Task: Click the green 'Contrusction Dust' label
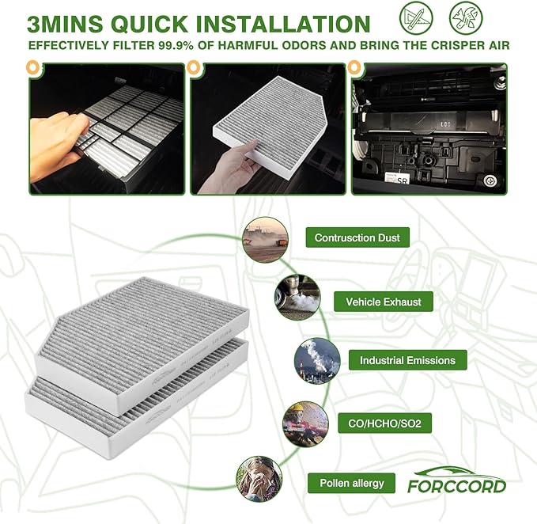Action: point(357,237)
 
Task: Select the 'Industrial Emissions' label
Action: point(407,360)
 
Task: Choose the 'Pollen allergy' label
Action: point(352,483)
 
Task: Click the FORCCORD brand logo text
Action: point(456,485)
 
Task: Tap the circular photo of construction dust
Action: point(265,240)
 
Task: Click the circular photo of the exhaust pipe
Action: point(297,298)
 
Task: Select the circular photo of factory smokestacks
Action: point(316,361)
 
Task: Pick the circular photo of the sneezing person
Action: point(259,478)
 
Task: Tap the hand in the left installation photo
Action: point(58,142)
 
